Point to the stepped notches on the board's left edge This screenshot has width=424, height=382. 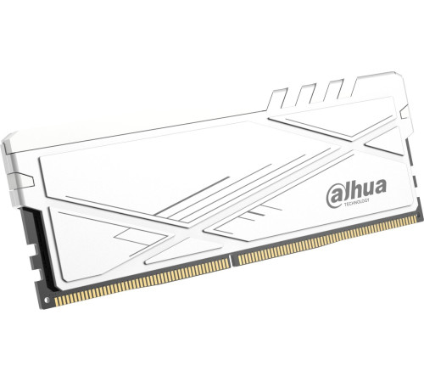33,246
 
